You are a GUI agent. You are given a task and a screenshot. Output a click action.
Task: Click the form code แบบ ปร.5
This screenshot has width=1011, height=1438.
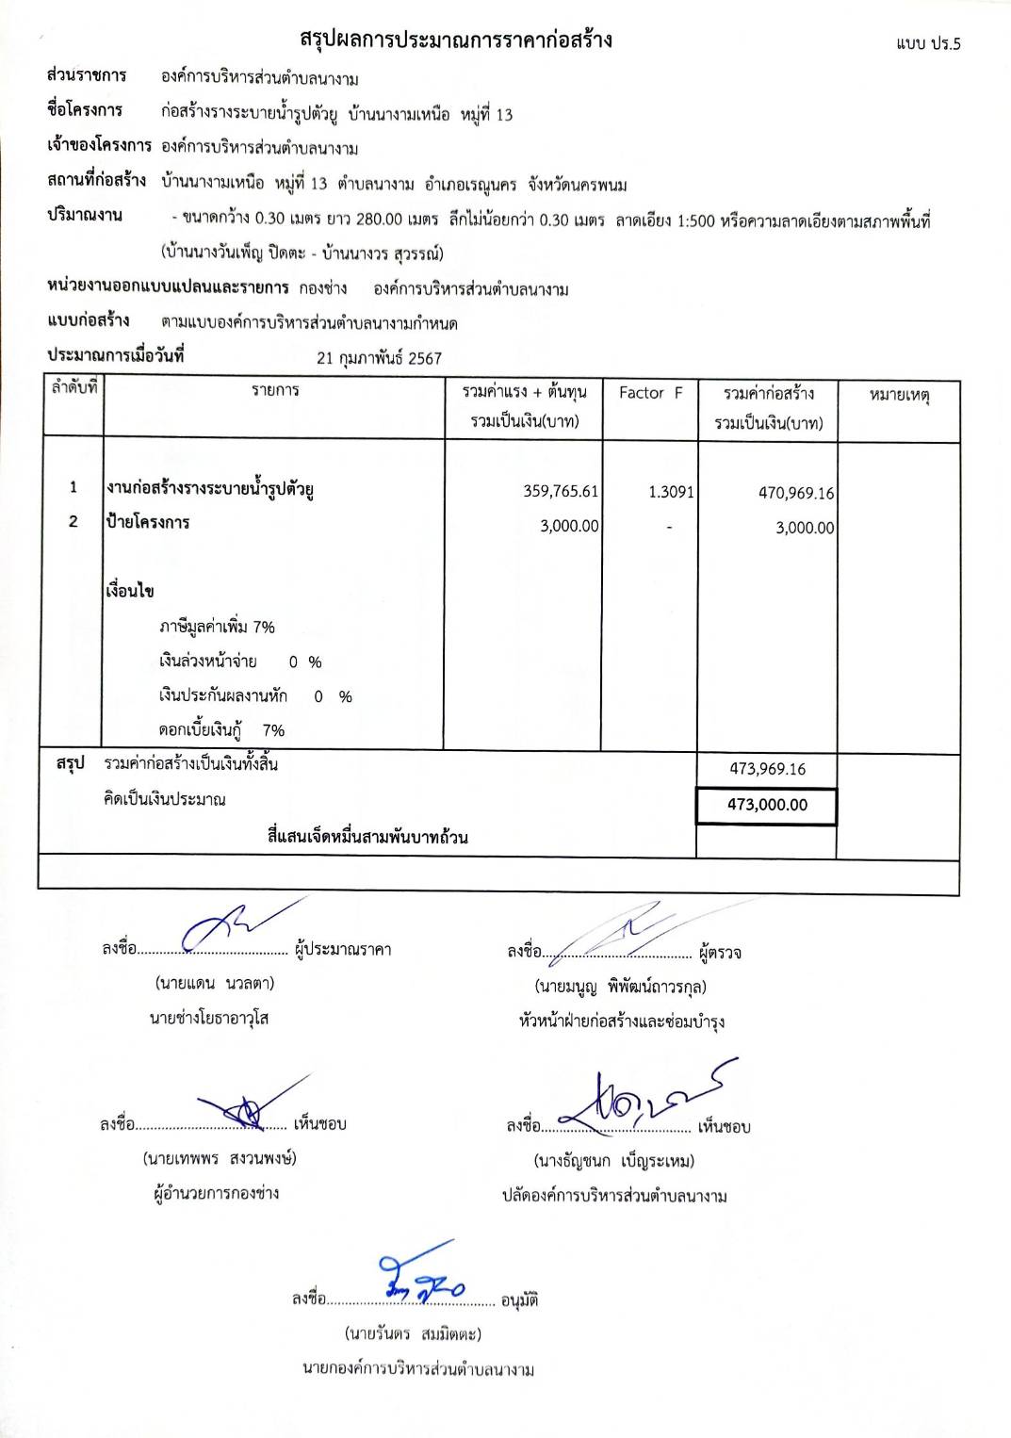[928, 44]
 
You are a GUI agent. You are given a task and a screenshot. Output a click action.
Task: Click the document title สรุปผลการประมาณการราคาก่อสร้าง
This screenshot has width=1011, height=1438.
[456, 40]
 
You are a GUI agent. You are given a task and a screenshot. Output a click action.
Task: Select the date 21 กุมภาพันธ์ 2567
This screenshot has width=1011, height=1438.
[379, 358]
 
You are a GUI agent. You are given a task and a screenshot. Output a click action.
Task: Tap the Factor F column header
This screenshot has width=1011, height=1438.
[650, 393]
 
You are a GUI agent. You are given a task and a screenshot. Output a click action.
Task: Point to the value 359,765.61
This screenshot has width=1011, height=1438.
[561, 491]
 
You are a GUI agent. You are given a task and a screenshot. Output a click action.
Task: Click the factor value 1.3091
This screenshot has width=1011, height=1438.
[671, 492]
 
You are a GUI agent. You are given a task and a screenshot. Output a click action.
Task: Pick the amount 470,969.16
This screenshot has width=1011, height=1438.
[796, 493]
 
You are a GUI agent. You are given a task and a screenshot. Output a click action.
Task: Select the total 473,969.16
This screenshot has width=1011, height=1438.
[767, 769]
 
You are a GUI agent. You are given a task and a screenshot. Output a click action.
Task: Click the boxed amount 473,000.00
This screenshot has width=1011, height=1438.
[767, 805]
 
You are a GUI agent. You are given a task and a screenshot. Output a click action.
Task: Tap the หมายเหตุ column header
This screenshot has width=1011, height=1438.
[899, 395]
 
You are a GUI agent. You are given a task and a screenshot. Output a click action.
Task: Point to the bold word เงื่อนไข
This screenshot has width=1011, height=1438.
[130, 591]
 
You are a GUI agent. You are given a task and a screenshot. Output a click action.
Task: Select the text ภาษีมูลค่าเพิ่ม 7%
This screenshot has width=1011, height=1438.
[217, 627]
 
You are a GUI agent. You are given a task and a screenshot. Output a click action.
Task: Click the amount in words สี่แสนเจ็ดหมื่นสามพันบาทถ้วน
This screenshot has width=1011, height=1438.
[367, 837]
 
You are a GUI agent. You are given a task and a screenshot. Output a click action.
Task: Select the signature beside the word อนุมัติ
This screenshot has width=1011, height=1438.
[420, 1278]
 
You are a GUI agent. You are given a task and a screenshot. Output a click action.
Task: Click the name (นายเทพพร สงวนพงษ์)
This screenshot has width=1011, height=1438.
[220, 1158]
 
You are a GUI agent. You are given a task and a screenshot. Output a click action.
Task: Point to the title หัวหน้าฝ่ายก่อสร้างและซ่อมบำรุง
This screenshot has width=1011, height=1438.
[622, 1021]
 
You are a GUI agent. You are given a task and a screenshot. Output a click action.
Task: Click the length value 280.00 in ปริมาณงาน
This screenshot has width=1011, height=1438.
[380, 220]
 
